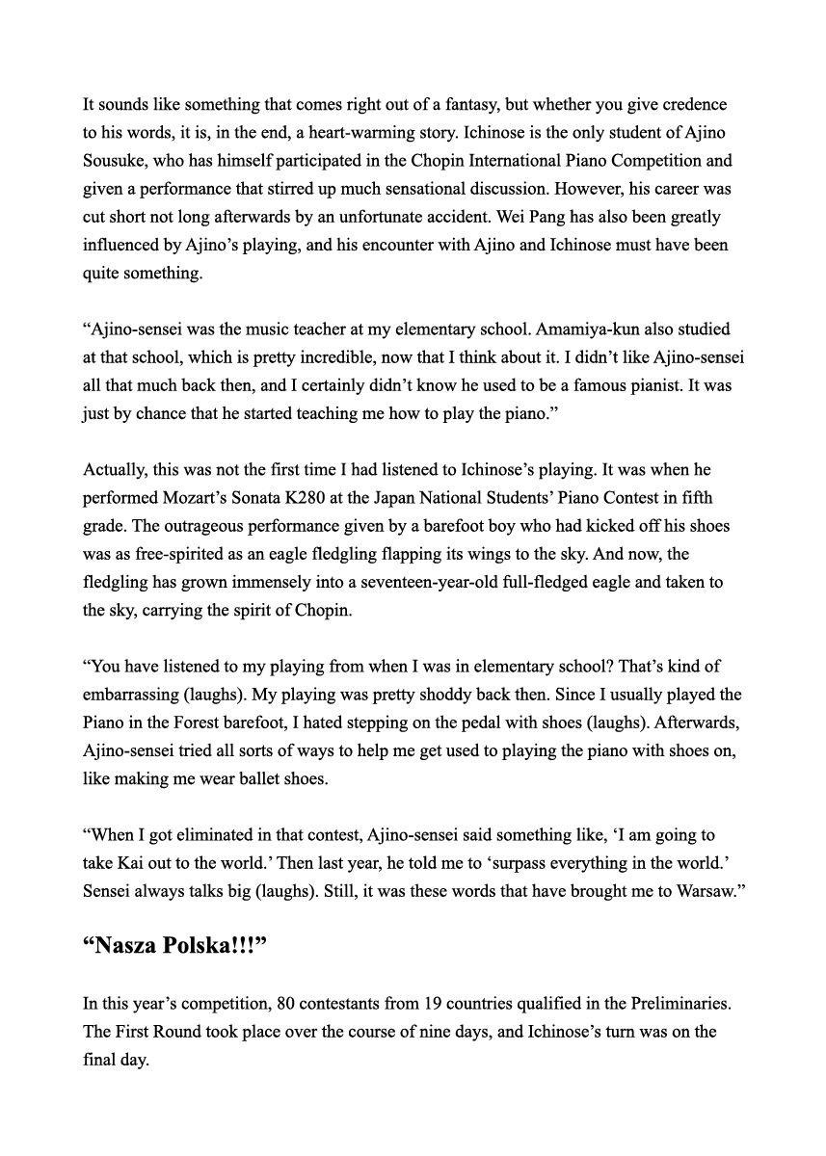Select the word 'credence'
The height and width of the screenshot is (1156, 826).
695,104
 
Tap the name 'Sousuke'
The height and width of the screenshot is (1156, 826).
112,160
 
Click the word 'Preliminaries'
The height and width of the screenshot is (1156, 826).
675,1004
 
